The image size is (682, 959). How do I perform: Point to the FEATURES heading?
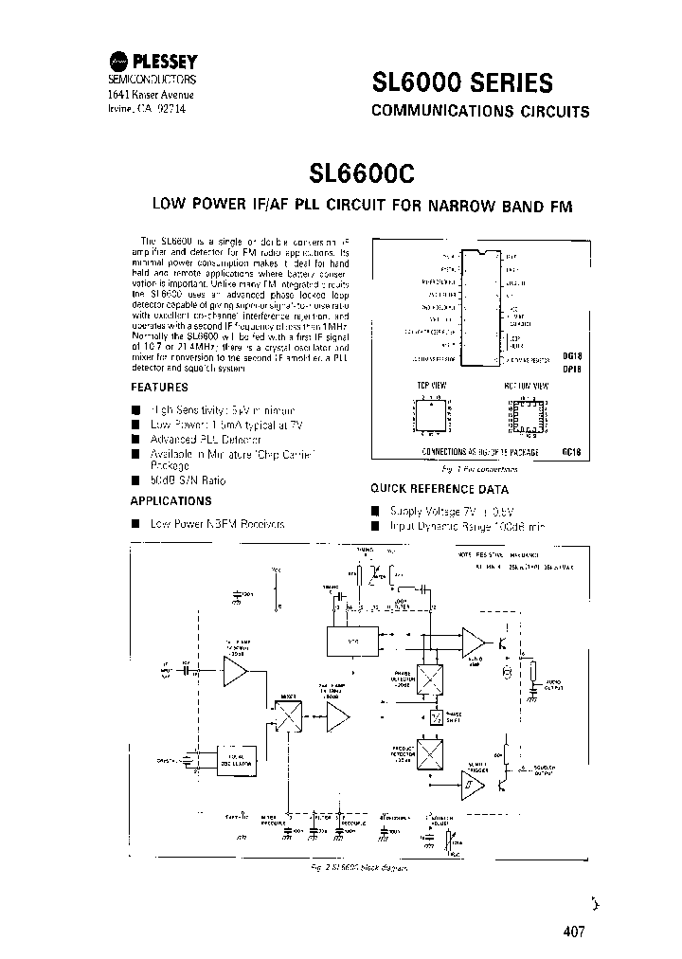pos(159,388)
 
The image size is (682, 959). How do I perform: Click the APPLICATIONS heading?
pos(170,501)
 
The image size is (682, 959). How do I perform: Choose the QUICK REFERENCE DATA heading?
pos(439,489)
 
